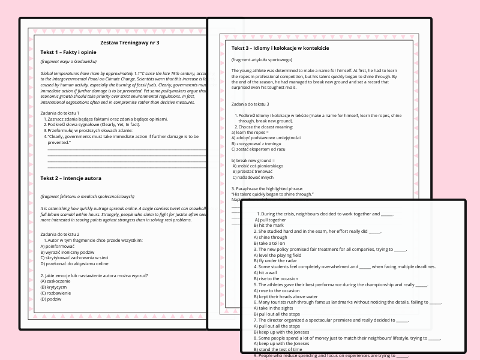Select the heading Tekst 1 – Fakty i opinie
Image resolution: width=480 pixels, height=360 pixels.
coord(70,52)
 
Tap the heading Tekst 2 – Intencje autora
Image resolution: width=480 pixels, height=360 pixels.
coord(71,178)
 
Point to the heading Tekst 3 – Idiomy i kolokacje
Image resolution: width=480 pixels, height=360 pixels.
coord(280,48)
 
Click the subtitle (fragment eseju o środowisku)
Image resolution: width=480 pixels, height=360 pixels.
coord(68,62)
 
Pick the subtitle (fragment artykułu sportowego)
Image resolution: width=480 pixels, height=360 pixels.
coord(262,60)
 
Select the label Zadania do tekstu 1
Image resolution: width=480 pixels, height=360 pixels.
coord(60,113)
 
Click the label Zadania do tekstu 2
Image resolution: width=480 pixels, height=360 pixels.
coord(60,233)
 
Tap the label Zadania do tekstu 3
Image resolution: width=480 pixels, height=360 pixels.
coord(254,104)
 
